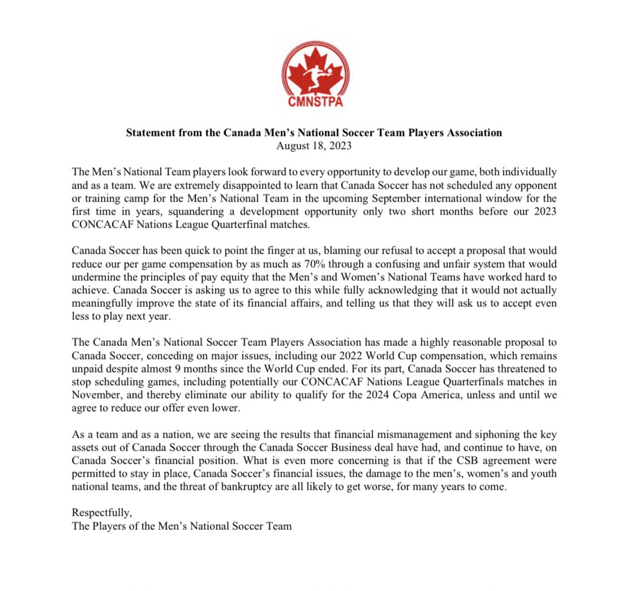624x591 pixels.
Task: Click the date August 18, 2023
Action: [313, 145]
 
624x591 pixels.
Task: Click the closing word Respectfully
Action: [102, 513]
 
